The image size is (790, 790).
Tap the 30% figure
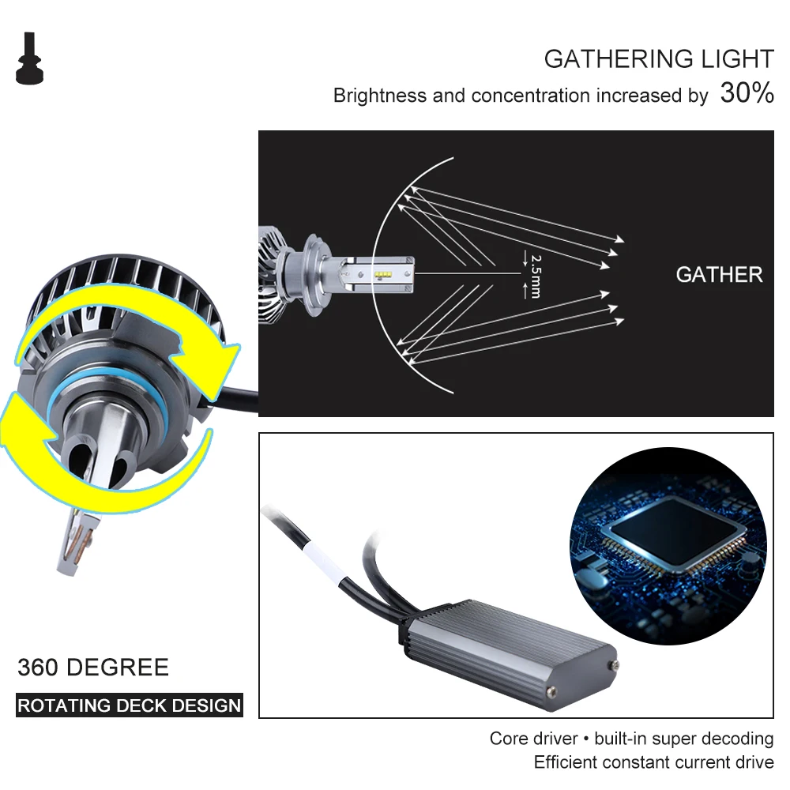[747, 93]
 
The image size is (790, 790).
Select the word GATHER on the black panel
[719, 275]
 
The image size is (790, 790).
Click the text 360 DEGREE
[93, 668]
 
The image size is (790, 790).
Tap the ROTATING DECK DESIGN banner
[130, 705]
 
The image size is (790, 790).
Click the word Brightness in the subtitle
[380, 96]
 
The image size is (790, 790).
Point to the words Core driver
[533, 739]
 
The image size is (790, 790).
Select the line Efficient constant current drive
[653, 762]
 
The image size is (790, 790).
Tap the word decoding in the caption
[734, 739]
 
